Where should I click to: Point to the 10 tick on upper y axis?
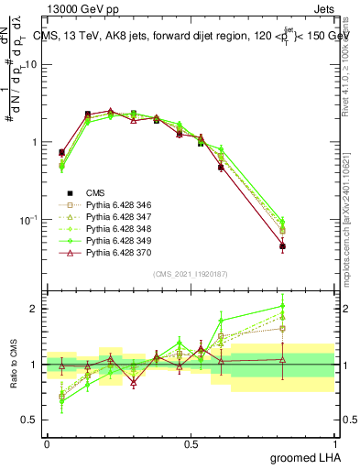pos(31,64)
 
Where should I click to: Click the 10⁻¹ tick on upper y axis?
pos(27,220)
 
